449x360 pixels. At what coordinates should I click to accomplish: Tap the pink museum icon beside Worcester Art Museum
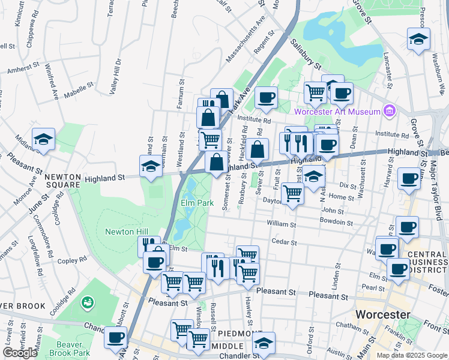point(390,111)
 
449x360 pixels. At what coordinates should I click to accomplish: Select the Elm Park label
point(197,203)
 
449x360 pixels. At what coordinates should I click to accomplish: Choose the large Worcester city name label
point(383,314)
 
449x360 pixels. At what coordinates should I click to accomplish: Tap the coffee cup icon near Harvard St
point(409,178)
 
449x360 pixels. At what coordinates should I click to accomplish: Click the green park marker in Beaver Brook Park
point(88,301)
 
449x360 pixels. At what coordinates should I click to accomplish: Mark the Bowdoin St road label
point(336,222)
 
